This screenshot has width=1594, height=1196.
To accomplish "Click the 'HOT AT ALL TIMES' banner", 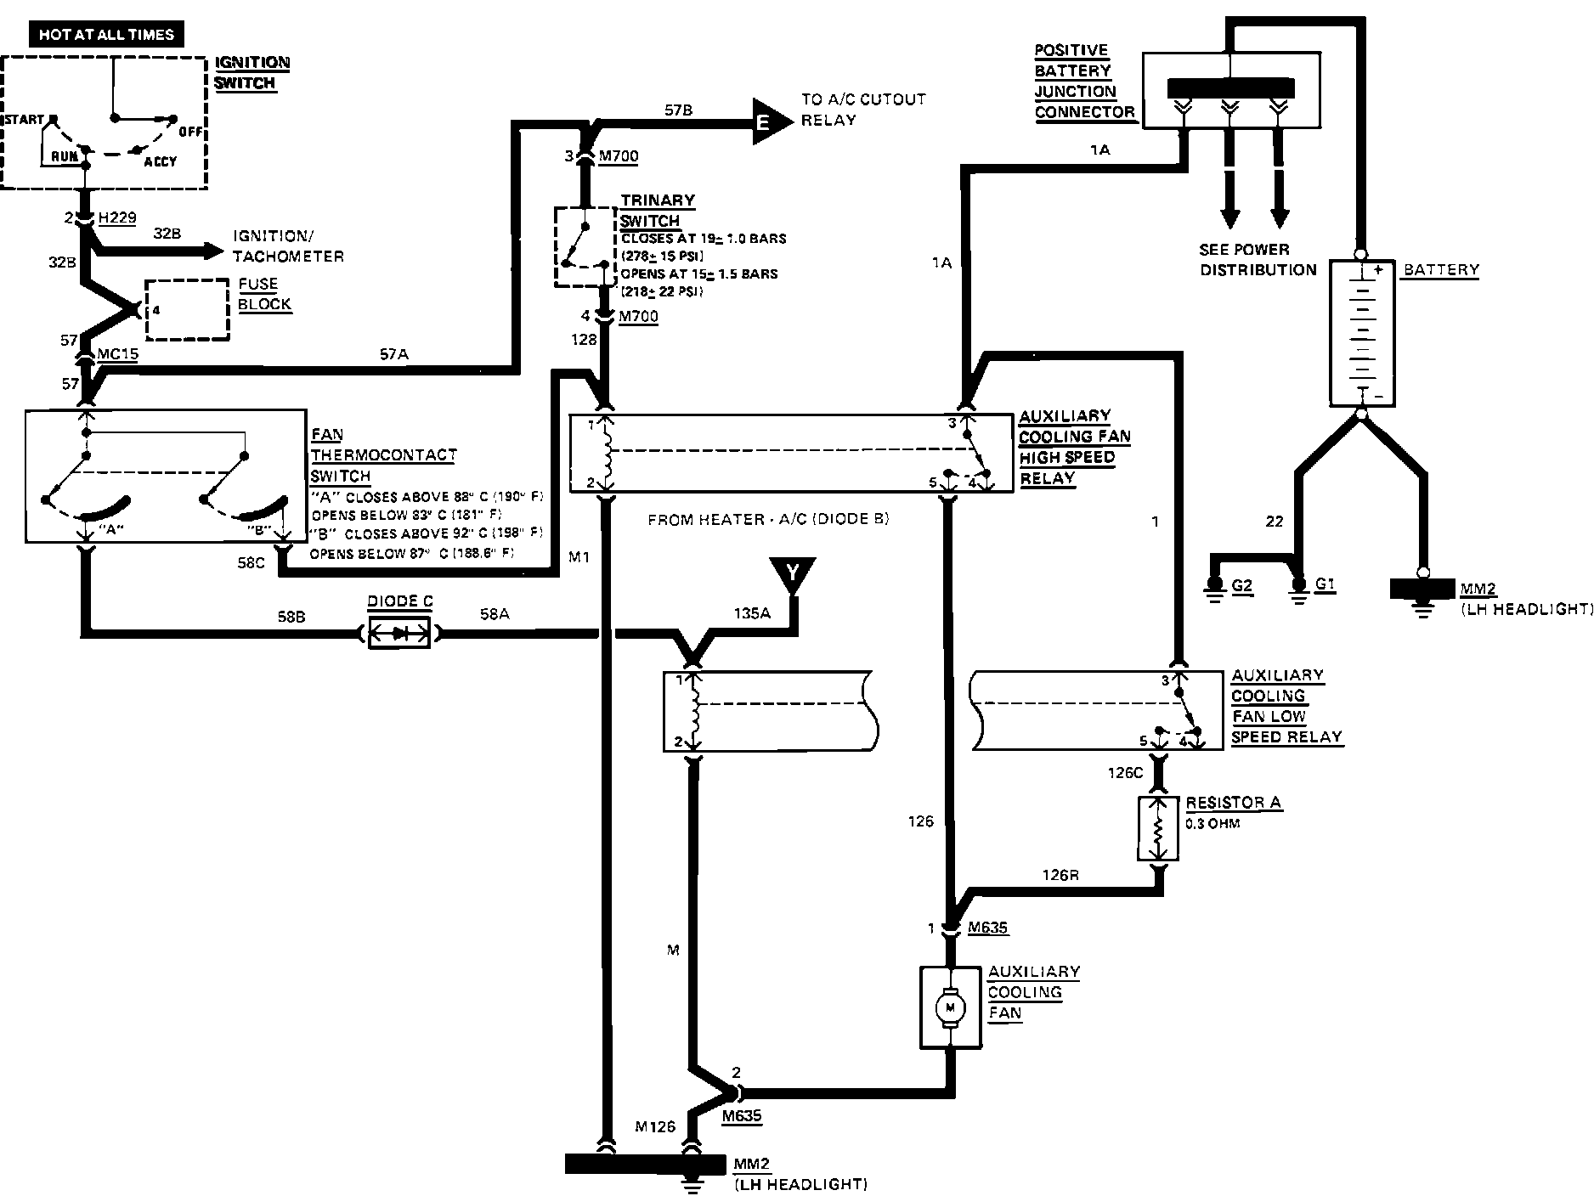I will (x=106, y=35).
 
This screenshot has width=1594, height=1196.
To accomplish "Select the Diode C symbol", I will (x=398, y=633).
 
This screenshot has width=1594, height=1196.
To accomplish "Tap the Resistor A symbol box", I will (x=1157, y=829).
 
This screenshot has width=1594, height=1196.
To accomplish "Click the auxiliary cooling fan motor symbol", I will (x=951, y=1007).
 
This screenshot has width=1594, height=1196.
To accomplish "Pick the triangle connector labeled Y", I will (x=792, y=573).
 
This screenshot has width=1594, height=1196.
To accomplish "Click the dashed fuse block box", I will (x=188, y=310).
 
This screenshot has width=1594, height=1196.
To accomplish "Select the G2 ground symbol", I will (x=1216, y=588).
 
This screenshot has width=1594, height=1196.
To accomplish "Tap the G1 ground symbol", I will (x=1298, y=588).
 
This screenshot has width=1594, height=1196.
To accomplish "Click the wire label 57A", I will (x=393, y=355).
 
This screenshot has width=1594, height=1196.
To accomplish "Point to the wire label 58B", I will (x=291, y=617).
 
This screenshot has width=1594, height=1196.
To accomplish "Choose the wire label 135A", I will (x=751, y=612).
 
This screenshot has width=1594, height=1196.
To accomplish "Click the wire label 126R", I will (x=1060, y=874).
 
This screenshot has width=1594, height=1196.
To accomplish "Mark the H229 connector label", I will (x=116, y=218).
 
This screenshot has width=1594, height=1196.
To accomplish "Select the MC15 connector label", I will (x=117, y=353).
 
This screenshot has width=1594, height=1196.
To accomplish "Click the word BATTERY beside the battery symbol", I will (x=1441, y=270).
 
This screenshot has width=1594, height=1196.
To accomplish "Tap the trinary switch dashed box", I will (x=585, y=246).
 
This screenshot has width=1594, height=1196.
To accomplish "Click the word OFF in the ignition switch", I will (x=191, y=132).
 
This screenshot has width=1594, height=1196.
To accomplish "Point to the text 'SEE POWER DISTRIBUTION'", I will (x=1257, y=260).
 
